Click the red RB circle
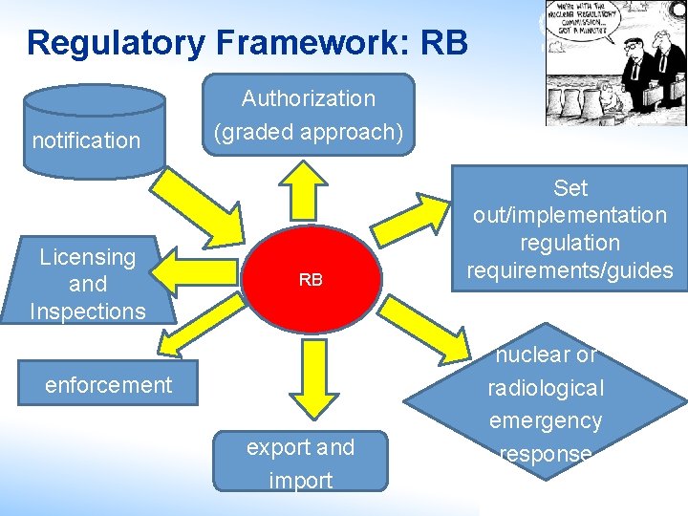pos(310,279)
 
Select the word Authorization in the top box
pos(309,98)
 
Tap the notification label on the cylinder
pos(86,141)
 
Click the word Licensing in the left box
pos(88,257)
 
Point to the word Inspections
pos(88,312)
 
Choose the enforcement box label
pos(108,385)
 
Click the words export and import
pos(300,463)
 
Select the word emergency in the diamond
pos(545,420)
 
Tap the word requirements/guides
pos(570,270)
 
